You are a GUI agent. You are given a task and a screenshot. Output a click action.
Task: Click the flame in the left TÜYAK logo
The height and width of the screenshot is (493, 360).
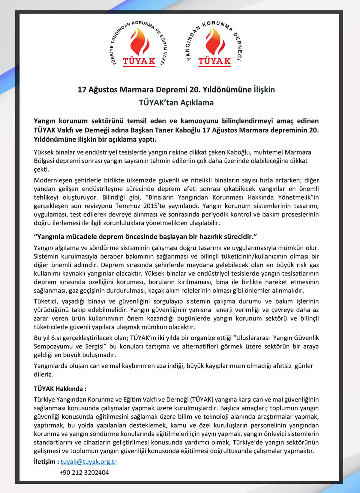[139, 42]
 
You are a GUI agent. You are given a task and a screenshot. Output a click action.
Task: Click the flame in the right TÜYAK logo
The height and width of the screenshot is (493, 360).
[214, 42]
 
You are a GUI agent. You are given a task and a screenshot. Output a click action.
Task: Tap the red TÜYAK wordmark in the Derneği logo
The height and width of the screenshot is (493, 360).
[214, 61]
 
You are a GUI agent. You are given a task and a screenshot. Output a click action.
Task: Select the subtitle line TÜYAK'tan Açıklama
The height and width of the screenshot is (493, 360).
[176, 103]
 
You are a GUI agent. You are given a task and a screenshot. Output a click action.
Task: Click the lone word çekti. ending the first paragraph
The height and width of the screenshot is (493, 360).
[41, 169]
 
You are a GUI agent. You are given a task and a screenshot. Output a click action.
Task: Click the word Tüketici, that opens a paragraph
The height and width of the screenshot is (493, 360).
[46, 301]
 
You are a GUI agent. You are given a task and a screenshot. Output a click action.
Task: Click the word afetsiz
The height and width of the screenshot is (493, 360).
[282, 366]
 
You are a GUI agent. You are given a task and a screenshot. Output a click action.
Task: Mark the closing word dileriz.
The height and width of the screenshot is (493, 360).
[43, 374]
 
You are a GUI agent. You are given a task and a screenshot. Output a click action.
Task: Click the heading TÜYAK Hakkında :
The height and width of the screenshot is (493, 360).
[60, 389]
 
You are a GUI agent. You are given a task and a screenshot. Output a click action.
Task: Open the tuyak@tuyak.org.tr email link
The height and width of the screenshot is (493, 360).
[88, 461]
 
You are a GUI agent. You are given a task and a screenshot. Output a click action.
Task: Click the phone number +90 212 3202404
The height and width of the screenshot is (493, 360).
[84, 473]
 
